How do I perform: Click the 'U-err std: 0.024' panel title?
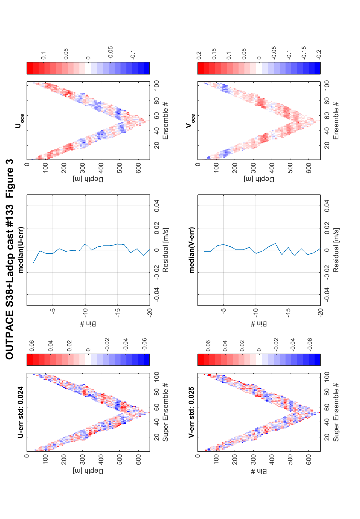[21, 412]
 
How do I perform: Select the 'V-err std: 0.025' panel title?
[191, 412]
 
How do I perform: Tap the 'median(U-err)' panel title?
[21, 250]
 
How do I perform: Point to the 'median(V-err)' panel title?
[192, 250]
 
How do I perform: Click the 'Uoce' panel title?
[19, 121]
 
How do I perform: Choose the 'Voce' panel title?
[190, 121]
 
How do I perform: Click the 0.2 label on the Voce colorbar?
[199, 56]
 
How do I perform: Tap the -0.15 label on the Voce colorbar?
[304, 52]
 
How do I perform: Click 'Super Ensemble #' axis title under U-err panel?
[165, 412]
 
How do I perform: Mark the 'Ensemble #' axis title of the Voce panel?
[336, 121]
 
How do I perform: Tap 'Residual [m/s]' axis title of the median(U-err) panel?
[165, 250]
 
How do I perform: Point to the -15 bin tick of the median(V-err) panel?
[288, 311]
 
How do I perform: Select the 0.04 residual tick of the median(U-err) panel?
[157, 206]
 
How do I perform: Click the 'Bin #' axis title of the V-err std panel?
[259, 471]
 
